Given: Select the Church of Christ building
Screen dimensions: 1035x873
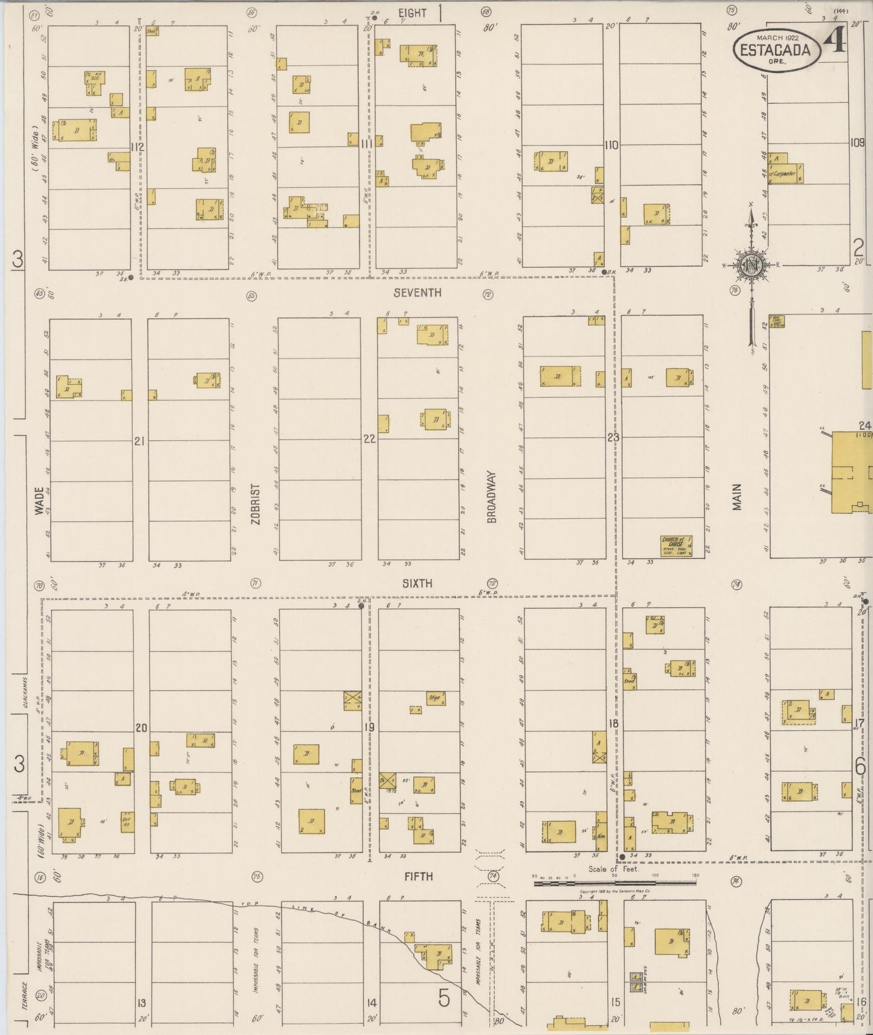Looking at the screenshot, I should tap(675, 545).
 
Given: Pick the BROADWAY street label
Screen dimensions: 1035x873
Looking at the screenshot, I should tap(492, 497).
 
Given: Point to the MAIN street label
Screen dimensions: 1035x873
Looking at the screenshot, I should tap(736, 497).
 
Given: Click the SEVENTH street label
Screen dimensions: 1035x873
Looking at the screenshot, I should tap(417, 292).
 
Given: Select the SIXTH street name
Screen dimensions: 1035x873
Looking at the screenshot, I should tap(417, 583).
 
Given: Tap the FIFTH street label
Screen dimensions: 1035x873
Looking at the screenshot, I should tap(419, 876).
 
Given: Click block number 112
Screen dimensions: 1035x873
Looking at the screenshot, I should tap(138, 147).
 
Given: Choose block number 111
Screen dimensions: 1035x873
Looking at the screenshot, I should tap(366, 144).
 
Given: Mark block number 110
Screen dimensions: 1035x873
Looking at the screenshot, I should tap(611, 145).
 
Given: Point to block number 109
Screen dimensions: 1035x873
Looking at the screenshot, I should tap(857, 143).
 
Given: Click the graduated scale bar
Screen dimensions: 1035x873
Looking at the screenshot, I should tap(615, 883).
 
